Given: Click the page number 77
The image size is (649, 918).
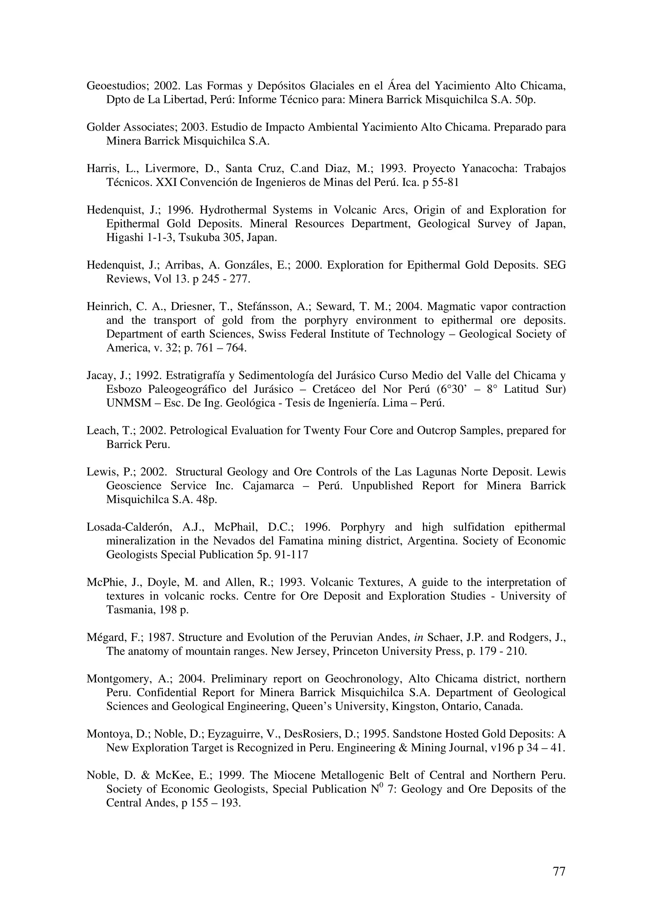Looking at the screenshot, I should [x=559, y=871].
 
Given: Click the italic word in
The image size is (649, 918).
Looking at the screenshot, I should [x=418, y=637].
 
